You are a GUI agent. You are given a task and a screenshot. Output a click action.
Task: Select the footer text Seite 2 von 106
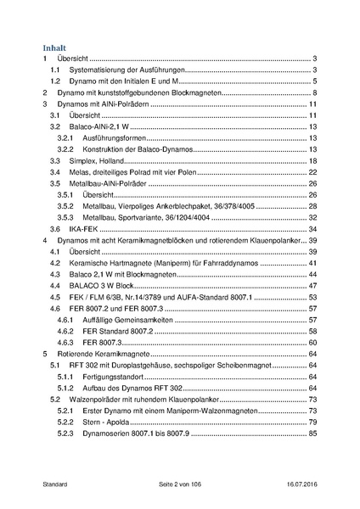click(180, 484)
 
